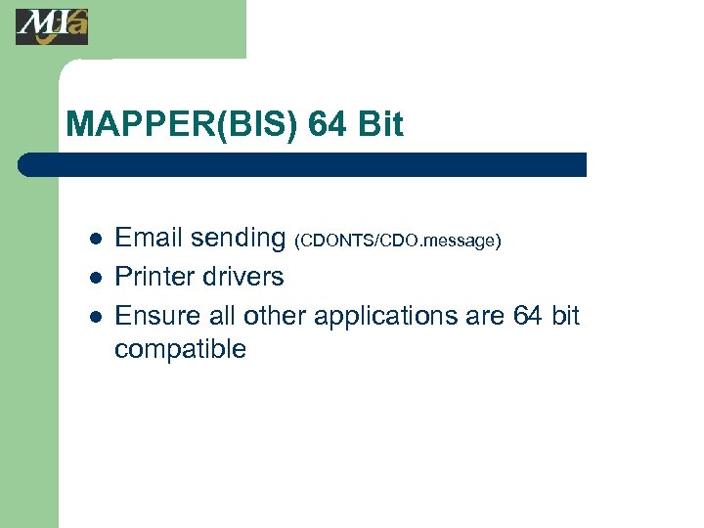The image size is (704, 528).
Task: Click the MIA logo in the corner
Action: click(51, 26)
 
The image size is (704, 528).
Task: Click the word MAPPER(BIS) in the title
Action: click(182, 125)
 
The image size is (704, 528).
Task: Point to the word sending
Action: click(238, 239)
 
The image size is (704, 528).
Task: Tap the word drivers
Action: click(244, 277)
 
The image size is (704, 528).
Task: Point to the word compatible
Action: click(180, 350)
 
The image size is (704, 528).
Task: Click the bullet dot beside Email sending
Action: click(95, 239)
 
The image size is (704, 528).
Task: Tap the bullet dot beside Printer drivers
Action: click(95, 278)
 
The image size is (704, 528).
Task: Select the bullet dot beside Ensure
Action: click(95, 317)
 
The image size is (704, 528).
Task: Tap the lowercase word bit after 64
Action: click(565, 316)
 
